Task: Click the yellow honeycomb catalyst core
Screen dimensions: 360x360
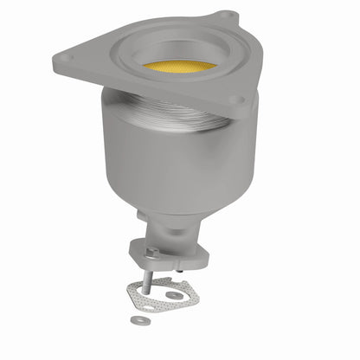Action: pos(179,67)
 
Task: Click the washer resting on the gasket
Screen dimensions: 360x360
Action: pos(176,295)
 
